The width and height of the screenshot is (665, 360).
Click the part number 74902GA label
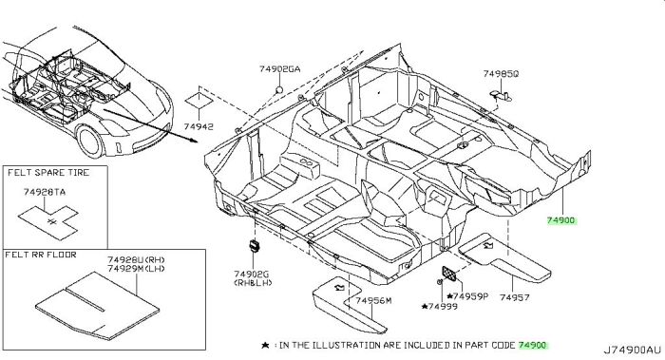pyautogui.click(x=278, y=68)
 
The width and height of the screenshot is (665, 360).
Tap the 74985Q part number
pyautogui.click(x=500, y=72)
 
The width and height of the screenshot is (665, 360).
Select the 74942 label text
pyautogui.click(x=199, y=126)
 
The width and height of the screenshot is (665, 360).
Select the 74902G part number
pyautogui.click(x=253, y=272)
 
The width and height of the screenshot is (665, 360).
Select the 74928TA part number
pyautogui.click(x=45, y=191)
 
